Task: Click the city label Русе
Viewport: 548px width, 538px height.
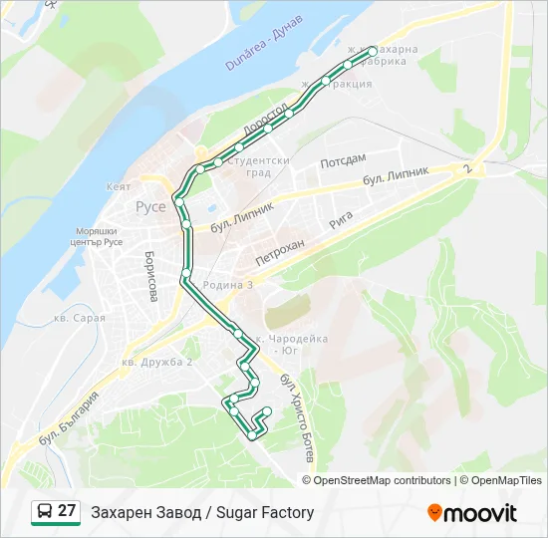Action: point(150,207)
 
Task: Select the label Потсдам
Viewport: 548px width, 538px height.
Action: point(344,159)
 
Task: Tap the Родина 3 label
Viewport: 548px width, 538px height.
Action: point(228,285)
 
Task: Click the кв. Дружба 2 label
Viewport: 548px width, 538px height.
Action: point(156,361)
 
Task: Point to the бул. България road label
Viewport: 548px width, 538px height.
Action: point(70,419)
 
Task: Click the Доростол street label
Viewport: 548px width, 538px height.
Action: point(265,121)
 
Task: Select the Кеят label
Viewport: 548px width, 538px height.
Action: point(119,186)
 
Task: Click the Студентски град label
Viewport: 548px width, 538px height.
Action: point(258,165)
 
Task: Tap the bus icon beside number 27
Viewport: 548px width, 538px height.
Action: point(45,512)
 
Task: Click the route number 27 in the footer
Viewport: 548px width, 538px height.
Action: point(67,512)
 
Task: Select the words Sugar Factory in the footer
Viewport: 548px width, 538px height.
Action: point(265,512)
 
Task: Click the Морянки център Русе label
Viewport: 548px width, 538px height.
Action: point(97,236)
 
